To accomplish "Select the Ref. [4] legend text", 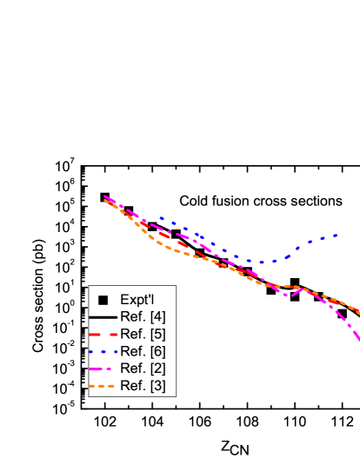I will [x=143, y=316].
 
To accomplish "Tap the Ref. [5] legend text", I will [x=143, y=334].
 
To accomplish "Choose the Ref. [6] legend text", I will [x=143, y=351].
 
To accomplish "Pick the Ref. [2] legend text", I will [x=143, y=369].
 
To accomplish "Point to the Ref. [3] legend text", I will [x=143, y=385].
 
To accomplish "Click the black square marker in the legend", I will [x=103, y=300].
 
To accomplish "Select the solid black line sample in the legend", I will [x=103, y=316].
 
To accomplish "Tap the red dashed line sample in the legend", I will [x=103, y=334].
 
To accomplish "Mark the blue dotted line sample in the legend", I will [x=103, y=351].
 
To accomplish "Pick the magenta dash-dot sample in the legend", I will [x=103, y=369].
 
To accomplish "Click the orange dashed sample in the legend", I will [x=103, y=385].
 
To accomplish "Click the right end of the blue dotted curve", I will [x=336, y=235].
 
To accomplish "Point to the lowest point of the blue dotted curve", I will [x=263, y=262].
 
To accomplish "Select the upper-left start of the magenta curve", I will [x=105, y=196].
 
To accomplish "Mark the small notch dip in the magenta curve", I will [x=288, y=296].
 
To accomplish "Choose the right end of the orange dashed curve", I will [x=357, y=312].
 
